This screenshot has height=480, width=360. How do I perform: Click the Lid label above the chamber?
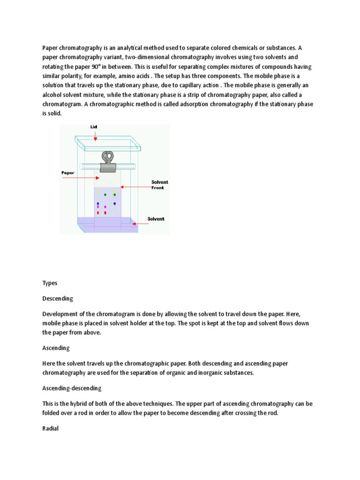click(93, 127)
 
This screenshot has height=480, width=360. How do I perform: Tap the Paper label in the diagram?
click(68, 172)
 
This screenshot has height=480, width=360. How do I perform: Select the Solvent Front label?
click(160, 185)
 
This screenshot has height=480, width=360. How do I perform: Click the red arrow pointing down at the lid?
click(95, 136)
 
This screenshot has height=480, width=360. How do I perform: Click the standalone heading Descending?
click(58, 299)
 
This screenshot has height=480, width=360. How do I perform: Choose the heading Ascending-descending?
click(72, 388)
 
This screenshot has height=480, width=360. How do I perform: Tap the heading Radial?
click(50, 428)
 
